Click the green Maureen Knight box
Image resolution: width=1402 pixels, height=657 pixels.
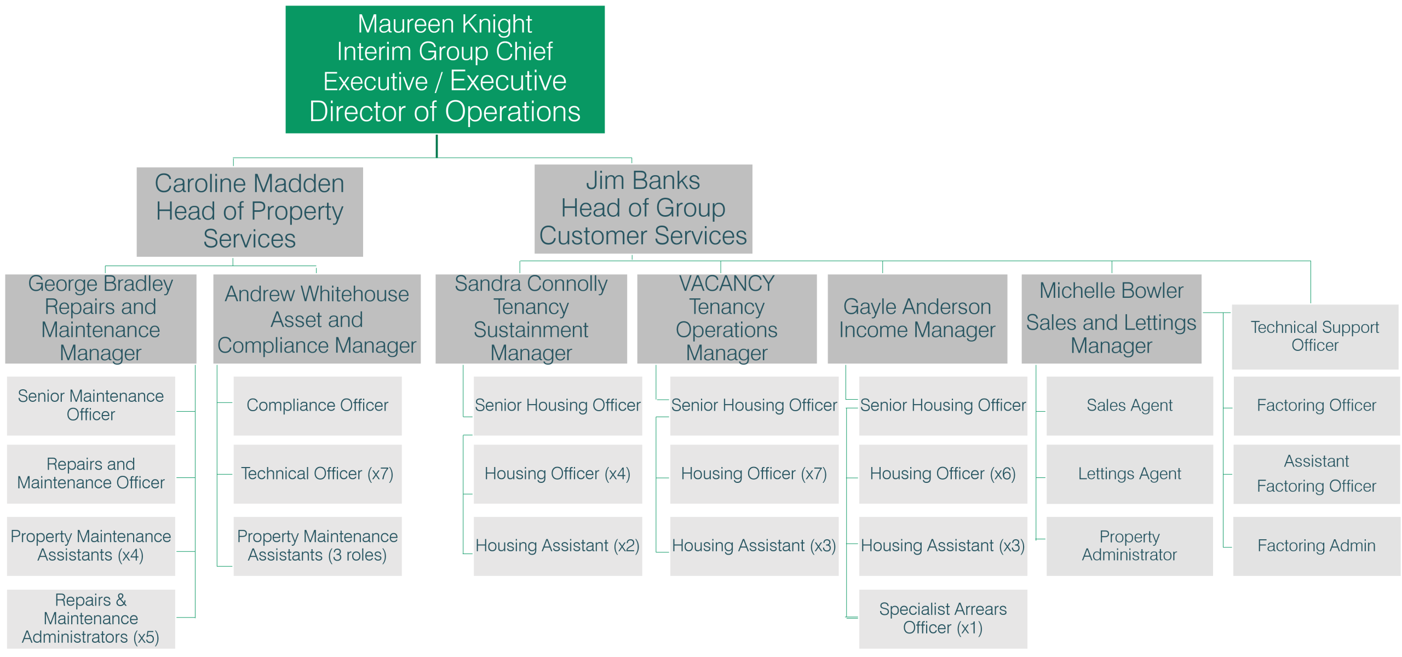coord(445,70)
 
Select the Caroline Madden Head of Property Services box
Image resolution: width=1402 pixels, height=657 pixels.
coord(250,212)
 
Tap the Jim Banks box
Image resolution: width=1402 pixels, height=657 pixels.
coord(643,209)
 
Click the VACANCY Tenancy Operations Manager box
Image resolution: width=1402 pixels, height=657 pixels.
coord(727,319)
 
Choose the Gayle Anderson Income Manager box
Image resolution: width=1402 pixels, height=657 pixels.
coord(917,319)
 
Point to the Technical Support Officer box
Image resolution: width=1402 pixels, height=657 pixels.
coord(1314,337)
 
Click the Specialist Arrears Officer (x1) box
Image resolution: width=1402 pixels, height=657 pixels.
coord(943,619)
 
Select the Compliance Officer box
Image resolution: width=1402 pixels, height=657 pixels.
coord(318,405)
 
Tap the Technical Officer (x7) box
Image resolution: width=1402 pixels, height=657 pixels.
coord(318,474)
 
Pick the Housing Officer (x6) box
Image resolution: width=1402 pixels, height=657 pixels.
coord(943,474)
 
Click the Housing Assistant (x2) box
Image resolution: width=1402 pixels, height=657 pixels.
coord(558,546)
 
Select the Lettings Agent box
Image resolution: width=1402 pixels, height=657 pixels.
coord(1129,474)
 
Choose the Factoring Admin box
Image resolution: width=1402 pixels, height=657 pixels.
coord(1316,546)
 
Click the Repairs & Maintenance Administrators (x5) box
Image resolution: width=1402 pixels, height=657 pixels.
coord(91,619)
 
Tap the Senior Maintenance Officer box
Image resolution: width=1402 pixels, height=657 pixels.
coord(91,405)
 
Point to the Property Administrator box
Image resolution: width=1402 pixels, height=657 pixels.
coord(1129,546)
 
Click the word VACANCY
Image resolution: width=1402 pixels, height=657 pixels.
coord(727,284)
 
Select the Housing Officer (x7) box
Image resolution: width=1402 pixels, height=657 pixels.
coord(754,474)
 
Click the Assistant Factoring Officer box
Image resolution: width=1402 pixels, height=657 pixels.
coord(1316,474)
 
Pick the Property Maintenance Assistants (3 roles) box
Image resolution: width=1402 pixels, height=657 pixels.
coord(318,546)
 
